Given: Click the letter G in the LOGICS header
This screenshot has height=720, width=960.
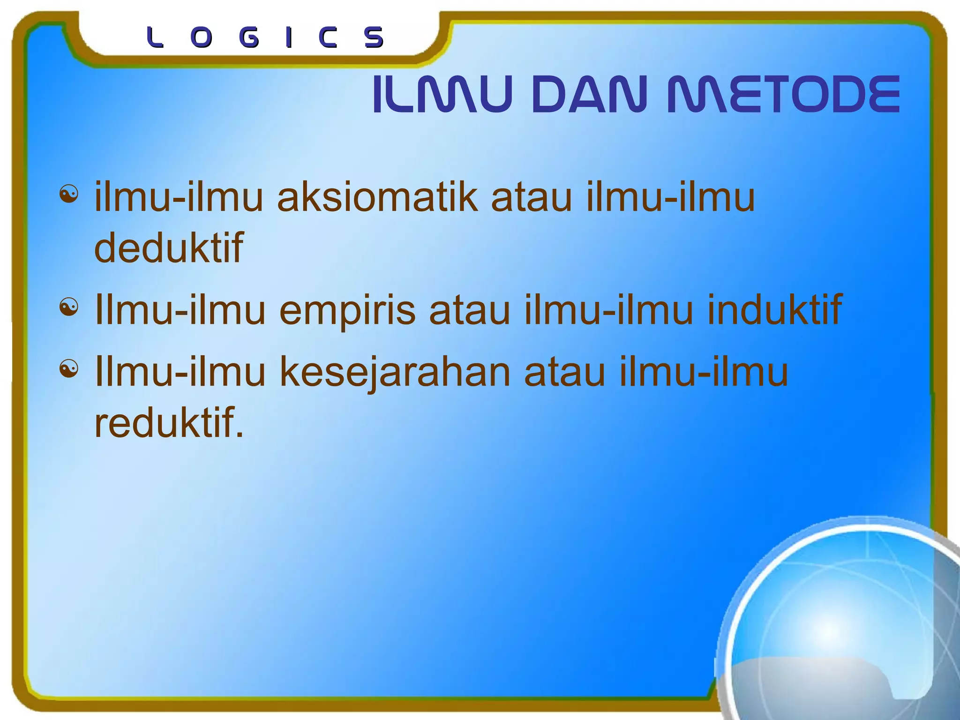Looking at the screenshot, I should [x=248, y=37].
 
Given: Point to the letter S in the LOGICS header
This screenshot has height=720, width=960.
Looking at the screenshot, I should [x=374, y=37].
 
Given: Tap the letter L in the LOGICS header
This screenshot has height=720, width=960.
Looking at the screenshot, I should [x=155, y=37].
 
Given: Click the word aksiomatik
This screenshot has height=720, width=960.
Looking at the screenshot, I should [x=377, y=197].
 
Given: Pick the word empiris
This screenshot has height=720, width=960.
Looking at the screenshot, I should [x=347, y=310].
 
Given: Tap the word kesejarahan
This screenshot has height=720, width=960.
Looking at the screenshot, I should [x=395, y=372].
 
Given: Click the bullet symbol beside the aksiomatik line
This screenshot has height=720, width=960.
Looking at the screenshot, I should [x=69, y=194].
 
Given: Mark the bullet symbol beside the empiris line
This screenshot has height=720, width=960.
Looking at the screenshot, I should [x=69, y=307].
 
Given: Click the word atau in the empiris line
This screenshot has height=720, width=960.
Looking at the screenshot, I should [x=470, y=310].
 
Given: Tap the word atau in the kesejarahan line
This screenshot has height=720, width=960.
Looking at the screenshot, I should [x=565, y=372].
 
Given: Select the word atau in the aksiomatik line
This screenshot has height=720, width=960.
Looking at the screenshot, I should [x=531, y=197].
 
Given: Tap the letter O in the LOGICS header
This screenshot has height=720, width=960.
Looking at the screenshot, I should [x=202, y=37].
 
